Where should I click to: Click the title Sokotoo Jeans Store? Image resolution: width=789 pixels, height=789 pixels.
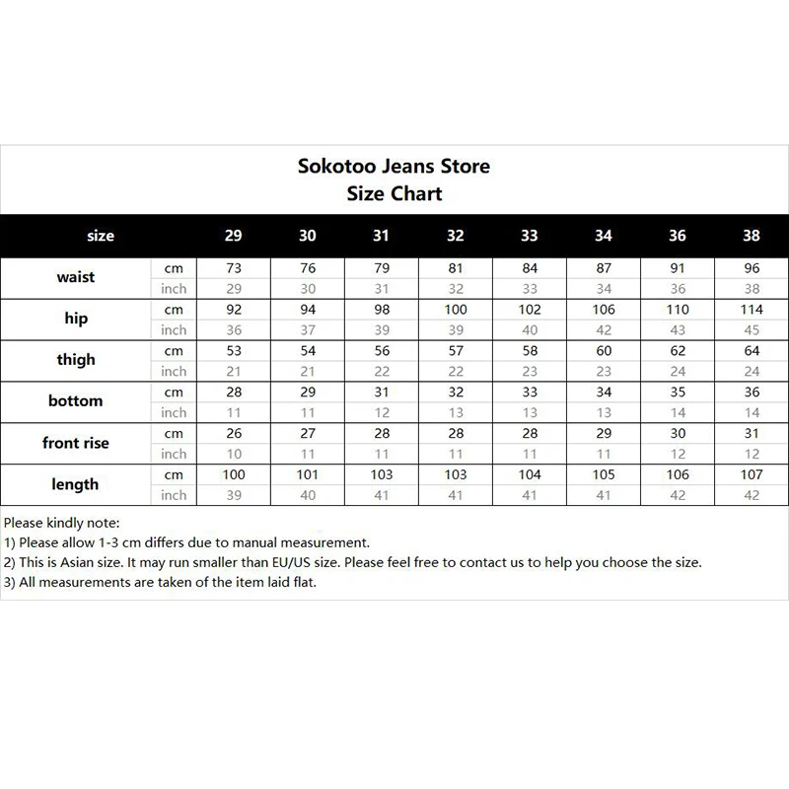point(394,166)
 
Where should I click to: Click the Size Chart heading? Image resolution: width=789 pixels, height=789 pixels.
point(394,193)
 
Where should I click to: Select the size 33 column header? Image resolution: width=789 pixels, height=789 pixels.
point(530,236)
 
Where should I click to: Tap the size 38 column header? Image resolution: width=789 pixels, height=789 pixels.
point(752,236)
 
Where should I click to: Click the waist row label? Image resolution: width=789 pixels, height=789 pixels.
point(76,277)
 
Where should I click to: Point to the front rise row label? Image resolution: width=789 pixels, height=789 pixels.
point(76,443)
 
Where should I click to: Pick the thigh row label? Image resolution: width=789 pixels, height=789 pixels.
point(76,360)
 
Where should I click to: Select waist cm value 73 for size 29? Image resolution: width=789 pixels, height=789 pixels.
point(233,268)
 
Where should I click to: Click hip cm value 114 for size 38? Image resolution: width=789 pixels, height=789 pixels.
point(752,310)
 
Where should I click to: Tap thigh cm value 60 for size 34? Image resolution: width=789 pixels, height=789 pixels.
point(604,351)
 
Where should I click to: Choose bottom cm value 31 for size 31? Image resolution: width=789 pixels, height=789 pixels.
point(382,393)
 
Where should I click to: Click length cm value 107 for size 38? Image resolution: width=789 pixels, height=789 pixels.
point(752,475)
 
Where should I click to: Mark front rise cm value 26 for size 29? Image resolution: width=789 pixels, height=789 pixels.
point(233,434)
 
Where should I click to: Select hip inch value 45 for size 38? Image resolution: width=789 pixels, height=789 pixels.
point(752,330)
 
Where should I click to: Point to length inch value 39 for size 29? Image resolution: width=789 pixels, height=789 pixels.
point(233,496)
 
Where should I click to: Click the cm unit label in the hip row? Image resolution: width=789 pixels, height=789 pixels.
point(174,310)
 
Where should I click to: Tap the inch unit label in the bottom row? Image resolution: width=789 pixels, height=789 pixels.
point(174,413)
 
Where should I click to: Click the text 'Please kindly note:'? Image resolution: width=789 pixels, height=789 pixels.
point(61,523)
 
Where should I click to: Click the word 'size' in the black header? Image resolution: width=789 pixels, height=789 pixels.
point(101,236)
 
